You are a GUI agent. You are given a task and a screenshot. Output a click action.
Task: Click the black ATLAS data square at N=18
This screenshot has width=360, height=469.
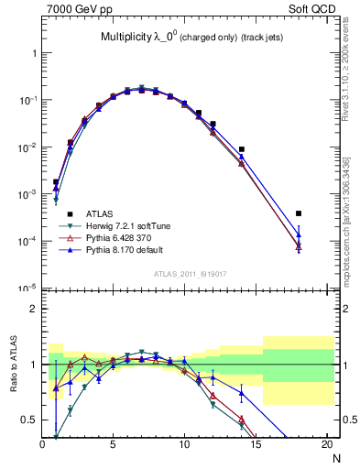(x=299, y=213)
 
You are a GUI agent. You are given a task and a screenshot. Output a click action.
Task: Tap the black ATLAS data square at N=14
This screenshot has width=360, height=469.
(x=242, y=149)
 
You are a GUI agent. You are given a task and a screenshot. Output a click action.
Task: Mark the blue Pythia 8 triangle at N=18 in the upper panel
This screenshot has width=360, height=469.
(x=299, y=235)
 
